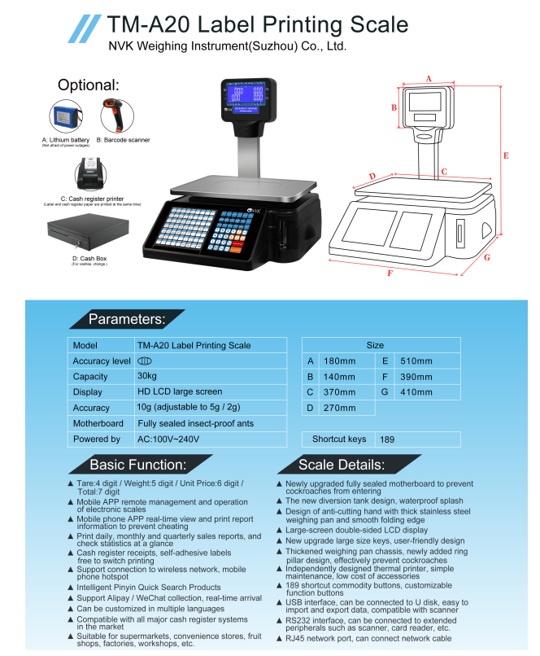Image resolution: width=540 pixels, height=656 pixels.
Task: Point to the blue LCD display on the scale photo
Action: pos(247,97)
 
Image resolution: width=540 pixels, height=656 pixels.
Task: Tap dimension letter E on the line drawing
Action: pos(505,155)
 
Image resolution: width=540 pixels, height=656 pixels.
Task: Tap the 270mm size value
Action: pos(339,408)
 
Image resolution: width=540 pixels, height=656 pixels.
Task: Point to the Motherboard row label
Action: pos(98,423)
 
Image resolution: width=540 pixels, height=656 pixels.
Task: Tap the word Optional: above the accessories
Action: pos(89,85)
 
